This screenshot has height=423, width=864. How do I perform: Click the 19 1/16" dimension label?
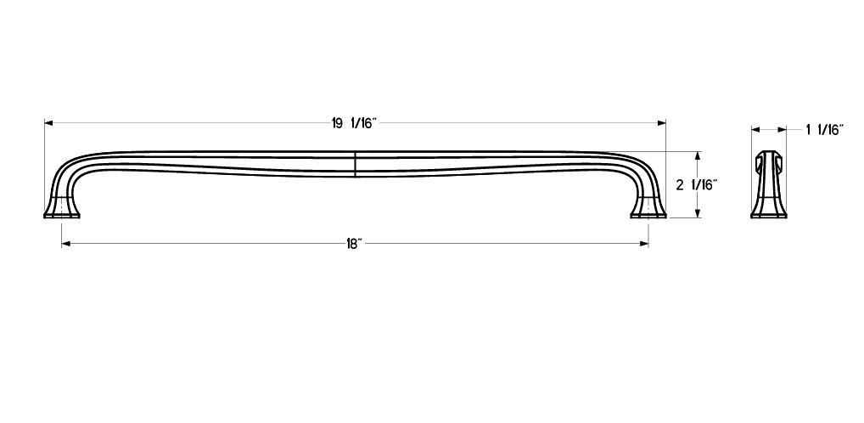(x=353, y=123)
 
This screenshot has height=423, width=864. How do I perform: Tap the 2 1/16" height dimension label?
(x=697, y=185)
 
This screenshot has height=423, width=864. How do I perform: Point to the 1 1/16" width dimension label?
(x=825, y=130)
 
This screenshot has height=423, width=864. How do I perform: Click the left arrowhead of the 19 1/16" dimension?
(x=48, y=123)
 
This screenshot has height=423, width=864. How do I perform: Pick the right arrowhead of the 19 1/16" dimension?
(x=662, y=123)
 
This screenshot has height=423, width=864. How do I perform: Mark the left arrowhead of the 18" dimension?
(x=65, y=244)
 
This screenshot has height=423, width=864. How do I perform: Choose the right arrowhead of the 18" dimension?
(x=644, y=244)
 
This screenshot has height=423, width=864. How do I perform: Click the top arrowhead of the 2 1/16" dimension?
(x=698, y=155)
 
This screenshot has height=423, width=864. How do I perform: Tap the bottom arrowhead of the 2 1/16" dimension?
(x=698, y=213)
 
